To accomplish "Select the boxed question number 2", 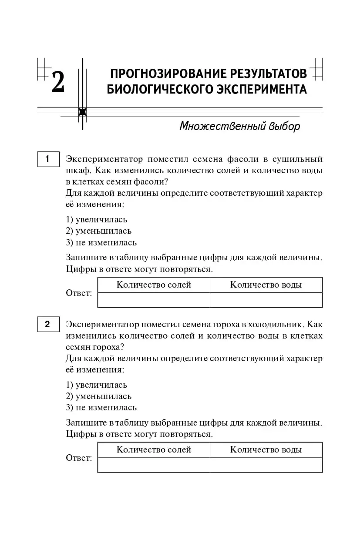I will (x=48, y=324).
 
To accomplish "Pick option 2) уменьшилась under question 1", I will (x=98, y=231).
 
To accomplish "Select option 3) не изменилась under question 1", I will (x=101, y=242).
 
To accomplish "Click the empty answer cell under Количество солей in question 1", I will (x=154, y=300).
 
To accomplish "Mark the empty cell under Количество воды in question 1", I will (x=266, y=300).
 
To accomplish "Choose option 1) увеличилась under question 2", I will (x=97, y=385).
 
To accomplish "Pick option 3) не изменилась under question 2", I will (x=101, y=407).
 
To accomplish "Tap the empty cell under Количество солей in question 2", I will (x=154, y=465).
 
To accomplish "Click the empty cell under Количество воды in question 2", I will (x=266, y=465).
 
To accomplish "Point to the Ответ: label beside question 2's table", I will (x=79, y=458).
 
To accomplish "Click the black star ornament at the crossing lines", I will (x=82, y=112).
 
